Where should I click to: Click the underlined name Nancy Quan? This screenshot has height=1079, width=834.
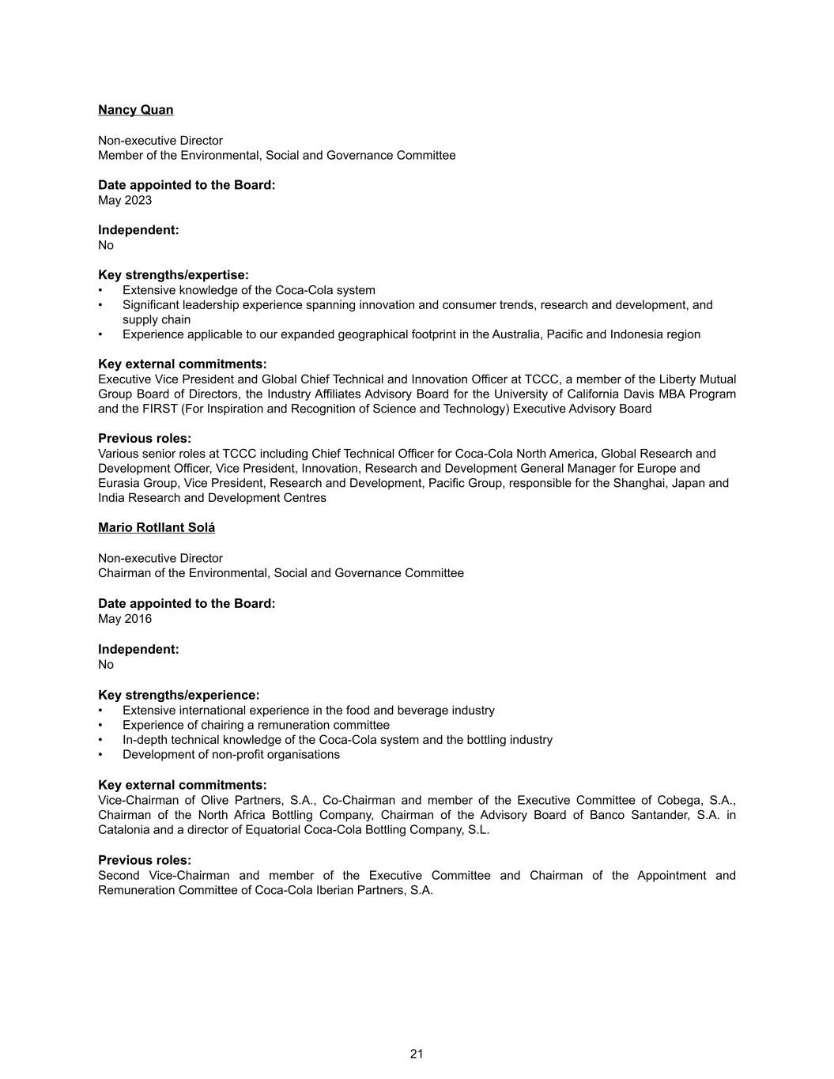click(135, 110)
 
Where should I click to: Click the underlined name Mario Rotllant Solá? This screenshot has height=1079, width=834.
click(157, 527)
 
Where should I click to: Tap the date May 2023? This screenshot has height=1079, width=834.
click(125, 200)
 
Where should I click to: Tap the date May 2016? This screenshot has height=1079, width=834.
click(125, 618)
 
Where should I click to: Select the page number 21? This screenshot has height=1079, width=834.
click(417, 1054)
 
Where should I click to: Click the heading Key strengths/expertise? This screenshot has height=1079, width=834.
click(173, 275)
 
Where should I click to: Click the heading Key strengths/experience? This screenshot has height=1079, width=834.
click(179, 695)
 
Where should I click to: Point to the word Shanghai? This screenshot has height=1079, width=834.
click(639, 483)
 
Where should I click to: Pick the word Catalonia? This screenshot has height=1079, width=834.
click(124, 829)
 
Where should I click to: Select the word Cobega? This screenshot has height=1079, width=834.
click(680, 800)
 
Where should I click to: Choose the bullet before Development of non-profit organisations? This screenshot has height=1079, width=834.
click(101, 755)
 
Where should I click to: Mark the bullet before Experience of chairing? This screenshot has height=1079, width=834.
click(101, 726)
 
